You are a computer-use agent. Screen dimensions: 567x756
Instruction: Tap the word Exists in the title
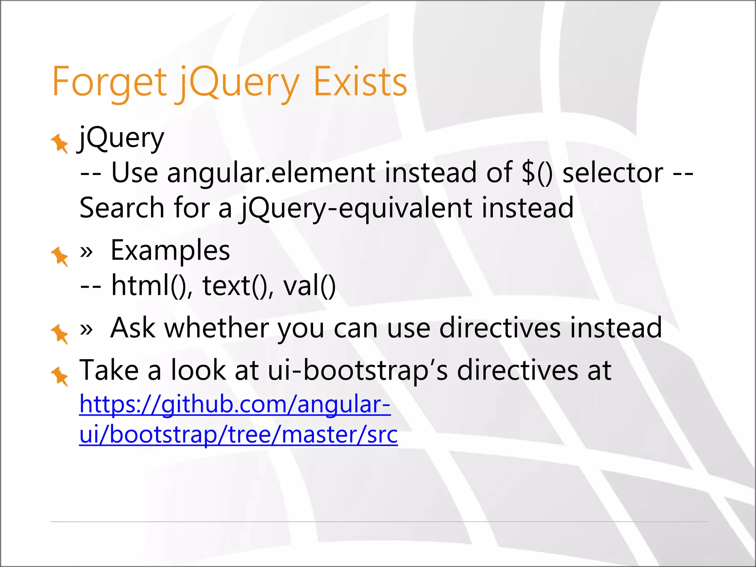360,82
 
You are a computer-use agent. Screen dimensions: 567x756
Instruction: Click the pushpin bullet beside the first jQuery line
59,144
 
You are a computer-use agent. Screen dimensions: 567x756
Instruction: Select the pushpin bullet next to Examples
59,256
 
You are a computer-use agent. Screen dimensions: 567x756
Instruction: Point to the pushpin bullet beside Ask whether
59,334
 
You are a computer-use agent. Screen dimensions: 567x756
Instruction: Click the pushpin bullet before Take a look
59,376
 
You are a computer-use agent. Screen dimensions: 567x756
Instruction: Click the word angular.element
271,173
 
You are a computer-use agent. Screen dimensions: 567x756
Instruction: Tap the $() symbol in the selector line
537,173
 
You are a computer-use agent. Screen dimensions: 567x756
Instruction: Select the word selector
613,173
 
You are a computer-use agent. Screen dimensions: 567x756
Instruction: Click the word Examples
170,250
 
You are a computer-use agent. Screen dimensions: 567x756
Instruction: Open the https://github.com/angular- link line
235,404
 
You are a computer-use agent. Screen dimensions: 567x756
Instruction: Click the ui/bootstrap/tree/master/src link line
238,434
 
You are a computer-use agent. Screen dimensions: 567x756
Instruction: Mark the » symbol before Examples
86,252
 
